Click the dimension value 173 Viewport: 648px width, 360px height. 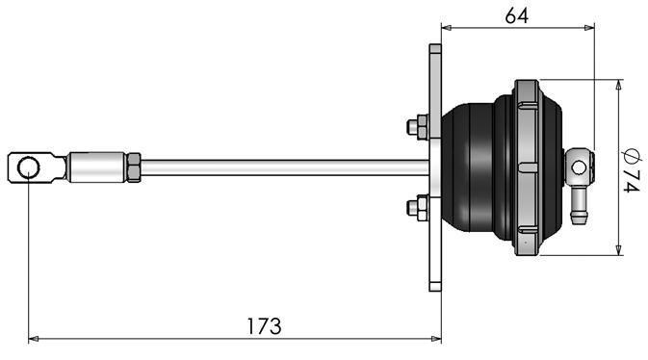[262, 325]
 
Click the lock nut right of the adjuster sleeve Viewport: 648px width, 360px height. [135, 167]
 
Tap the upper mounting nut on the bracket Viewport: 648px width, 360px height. [418, 126]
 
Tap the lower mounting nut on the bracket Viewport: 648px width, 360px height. [418, 206]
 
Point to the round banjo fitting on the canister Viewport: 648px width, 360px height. [576, 167]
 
